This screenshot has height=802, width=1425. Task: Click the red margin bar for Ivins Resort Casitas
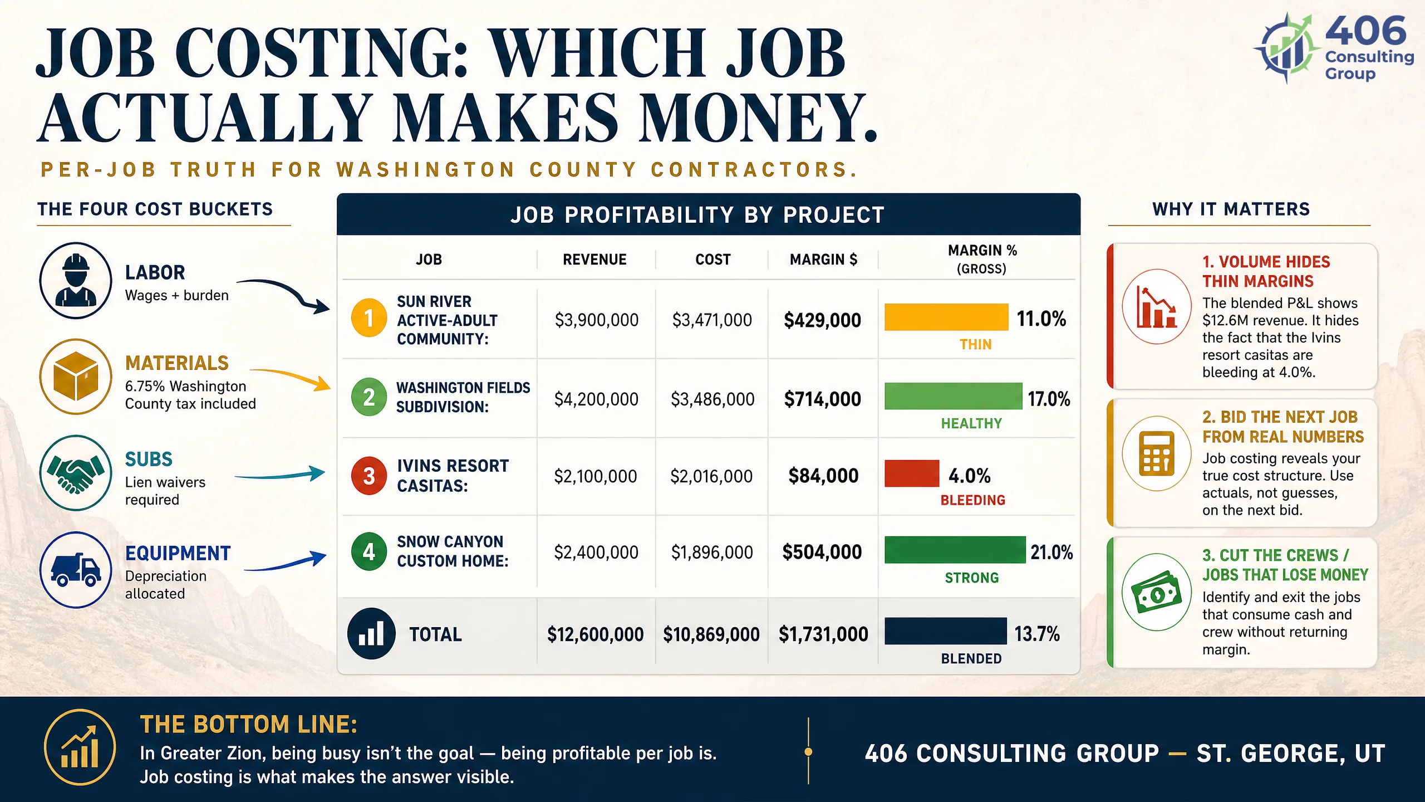coord(912,473)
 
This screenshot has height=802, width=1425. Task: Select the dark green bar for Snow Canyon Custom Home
coord(955,550)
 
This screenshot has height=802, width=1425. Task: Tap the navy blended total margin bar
coord(946,631)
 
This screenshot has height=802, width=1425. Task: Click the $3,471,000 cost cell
coord(712,320)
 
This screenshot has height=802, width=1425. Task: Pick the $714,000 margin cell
coord(823,399)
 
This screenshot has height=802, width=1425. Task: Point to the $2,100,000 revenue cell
coord(596,476)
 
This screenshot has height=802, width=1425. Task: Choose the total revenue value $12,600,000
coord(596,634)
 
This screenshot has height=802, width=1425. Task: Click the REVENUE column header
coord(594,260)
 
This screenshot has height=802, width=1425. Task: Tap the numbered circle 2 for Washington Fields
coord(368,397)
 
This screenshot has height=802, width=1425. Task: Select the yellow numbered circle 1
coord(368,318)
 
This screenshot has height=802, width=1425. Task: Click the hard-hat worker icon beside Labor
coord(76,280)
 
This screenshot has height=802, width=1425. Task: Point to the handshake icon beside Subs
coord(76,473)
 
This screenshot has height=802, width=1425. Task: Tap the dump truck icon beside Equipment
coord(76,570)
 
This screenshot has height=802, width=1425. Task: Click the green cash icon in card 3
coord(1157,592)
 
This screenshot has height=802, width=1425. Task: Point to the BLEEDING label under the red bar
coord(973,500)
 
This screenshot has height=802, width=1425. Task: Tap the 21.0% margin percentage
coord(1051,552)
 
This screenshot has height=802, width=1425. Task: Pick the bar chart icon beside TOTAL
coord(371,633)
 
